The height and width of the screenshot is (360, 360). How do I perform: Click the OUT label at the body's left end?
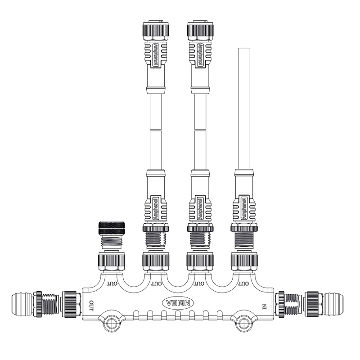tap(92, 306)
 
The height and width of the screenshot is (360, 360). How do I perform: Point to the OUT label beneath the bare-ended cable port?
tap(243, 283)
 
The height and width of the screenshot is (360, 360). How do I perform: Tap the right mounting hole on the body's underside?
tap(243, 322)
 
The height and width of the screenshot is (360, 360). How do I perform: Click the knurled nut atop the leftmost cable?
tap(155, 30)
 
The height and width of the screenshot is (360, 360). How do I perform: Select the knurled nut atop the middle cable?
tap(199, 30)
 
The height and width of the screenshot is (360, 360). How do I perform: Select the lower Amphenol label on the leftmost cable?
tap(156, 209)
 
